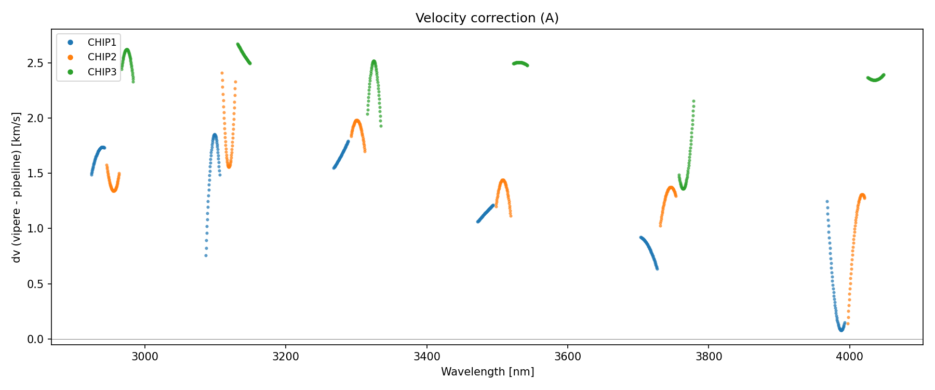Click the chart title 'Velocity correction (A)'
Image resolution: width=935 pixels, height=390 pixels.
[x=487, y=18]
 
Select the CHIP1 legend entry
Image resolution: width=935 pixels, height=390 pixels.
[x=102, y=43]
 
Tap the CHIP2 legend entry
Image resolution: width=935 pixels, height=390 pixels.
[x=102, y=57]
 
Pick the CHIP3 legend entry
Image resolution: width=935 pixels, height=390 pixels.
[x=102, y=72]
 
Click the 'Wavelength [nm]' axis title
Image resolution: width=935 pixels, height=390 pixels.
[x=487, y=372]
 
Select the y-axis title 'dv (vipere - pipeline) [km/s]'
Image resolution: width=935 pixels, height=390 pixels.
[x=17, y=187]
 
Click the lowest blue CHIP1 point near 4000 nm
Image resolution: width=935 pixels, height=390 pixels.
[x=841, y=330]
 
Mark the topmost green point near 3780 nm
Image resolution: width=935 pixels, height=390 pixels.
[x=693, y=101]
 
